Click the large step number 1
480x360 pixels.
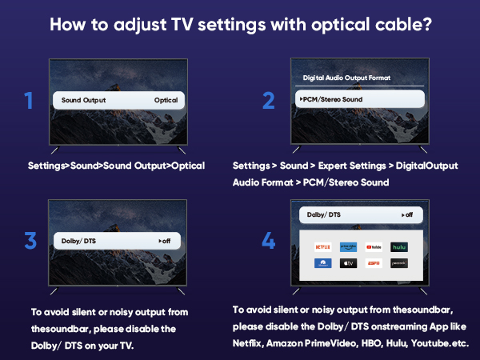[29, 101]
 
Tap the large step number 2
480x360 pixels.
[268, 101]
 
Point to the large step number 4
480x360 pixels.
[268, 240]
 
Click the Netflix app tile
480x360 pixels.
[323, 247]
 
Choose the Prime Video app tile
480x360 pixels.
[348, 247]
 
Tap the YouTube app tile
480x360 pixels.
[374, 247]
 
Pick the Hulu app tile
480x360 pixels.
[399, 247]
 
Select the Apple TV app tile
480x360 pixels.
[348, 262]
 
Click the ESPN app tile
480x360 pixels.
[374, 262]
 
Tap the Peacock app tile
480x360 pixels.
[399, 262]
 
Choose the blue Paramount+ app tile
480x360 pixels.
[323, 262]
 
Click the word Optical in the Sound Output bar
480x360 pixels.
[166, 101]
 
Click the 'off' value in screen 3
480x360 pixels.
[164, 241]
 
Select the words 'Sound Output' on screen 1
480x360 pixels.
[83, 101]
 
